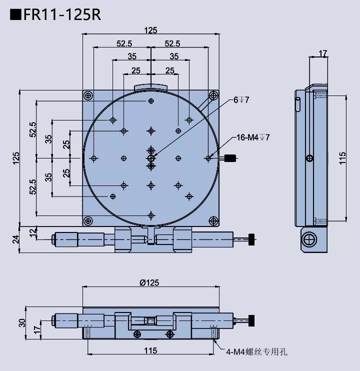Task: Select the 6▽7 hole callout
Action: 241,100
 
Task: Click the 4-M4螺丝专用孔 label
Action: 255,352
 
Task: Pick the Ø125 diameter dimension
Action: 149,282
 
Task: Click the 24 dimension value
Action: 15,239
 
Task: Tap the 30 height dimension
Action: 22,323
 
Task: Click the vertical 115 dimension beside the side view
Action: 342,157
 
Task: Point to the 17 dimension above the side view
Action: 322,53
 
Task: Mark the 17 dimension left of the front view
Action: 36,329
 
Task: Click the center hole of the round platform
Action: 150,158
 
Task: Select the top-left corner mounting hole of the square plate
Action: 88,95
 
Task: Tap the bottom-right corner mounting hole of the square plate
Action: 212,220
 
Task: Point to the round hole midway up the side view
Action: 310,158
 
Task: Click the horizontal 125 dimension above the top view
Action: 150,30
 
